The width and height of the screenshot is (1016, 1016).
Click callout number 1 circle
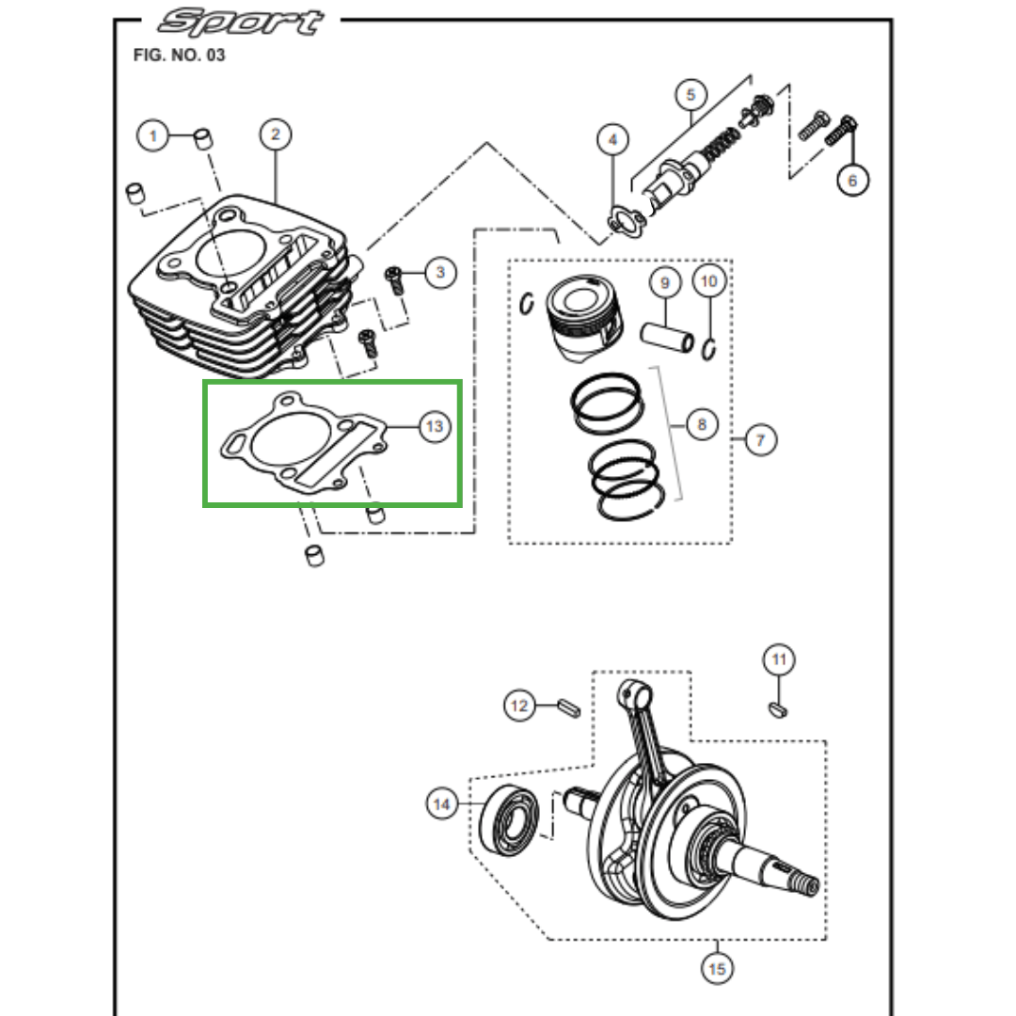pyautogui.click(x=153, y=136)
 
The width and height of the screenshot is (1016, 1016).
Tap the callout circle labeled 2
pyautogui.click(x=276, y=135)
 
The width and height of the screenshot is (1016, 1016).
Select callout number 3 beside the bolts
pyautogui.click(x=440, y=272)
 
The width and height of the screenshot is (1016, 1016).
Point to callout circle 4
pyautogui.click(x=613, y=140)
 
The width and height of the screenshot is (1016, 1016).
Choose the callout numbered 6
pyautogui.click(x=852, y=180)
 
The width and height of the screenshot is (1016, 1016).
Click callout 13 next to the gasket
pyautogui.click(x=435, y=426)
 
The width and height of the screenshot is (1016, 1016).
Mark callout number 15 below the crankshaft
pyautogui.click(x=717, y=968)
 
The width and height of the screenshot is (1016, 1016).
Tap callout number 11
pyautogui.click(x=779, y=659)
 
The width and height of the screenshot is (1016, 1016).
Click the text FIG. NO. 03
pyautogui.click(x=179, y=56)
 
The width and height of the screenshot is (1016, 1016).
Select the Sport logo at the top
pyautogui.click(x=241, y=22)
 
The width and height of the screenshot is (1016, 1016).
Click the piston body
pyautogui.click(x=584, y=318)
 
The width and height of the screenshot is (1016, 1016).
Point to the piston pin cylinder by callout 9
pyautogui.click(x=667, y=337)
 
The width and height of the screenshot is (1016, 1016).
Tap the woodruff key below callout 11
pyautogui.click(x=778, y=710)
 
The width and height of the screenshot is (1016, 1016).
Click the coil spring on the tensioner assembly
pyautogui.click(x=720, y=145)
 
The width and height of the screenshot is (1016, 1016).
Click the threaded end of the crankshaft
pyautogui.click(x=807, y=883)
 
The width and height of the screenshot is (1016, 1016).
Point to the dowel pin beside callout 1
pyautogui.click(x=204, y=138)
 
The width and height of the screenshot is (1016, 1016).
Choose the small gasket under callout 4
pyautogui.click(x=626, y=221)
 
